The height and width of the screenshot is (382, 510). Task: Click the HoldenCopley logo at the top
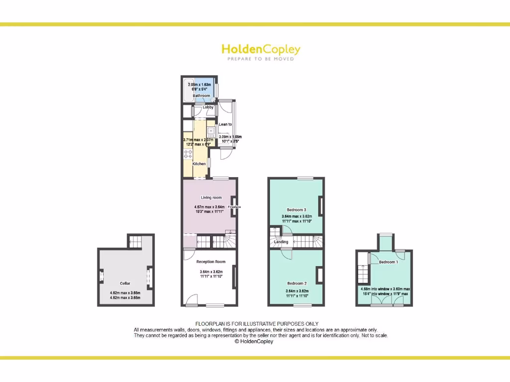click(x=260, y=50)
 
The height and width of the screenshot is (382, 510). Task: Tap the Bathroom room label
click(x=202, y=95)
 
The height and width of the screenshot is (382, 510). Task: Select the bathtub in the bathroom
click(x=188, y=90)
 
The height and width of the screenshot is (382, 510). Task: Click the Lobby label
click(x=208, y=107)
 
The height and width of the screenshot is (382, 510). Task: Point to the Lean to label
click(x=225, y=124)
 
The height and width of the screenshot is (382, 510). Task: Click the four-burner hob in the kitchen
click(x=188, y=154)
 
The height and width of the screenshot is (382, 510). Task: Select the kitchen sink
click(x=211, y=132)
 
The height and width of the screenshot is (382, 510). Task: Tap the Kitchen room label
click(x=199, y=164)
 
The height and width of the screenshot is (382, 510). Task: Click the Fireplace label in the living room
click(x=234, y=207)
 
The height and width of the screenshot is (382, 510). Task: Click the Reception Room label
click(x=211, y=262)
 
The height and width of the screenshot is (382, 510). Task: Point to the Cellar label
click(x=125, y=283)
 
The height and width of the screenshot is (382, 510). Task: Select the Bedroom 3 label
click(x=296, y=209)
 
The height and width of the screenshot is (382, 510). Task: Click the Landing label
click(x=281, y=242)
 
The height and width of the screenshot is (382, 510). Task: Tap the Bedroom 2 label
click(x=297, y=283)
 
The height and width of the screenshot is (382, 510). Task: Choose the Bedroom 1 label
click(x=388, y=262)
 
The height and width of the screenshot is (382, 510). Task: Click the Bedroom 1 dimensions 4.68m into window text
click(x=385, y=288)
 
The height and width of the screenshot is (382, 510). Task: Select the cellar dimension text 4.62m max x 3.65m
click(x=125, y=293)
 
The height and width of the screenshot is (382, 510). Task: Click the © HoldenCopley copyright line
click(x=254, y=342)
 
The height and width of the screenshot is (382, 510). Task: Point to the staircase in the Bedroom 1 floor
click(x=363, y=274)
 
